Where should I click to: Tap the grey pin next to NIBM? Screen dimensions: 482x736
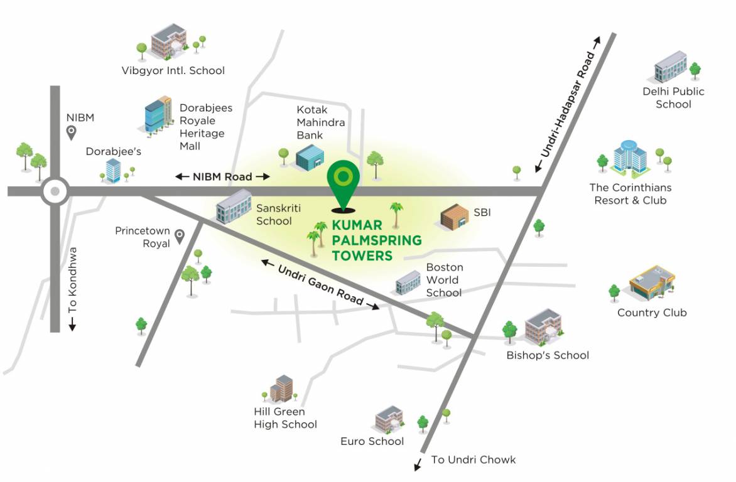72,132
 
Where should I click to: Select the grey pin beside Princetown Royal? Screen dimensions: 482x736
180,236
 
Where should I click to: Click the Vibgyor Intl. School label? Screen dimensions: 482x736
173,70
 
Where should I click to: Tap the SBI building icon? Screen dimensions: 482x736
455,217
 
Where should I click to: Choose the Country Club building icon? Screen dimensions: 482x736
652,282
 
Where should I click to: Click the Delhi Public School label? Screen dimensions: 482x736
673,98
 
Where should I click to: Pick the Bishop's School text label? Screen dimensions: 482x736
548,355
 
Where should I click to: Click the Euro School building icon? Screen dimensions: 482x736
389,419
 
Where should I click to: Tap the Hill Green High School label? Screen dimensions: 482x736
285,418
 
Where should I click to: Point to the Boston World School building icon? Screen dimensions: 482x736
408,282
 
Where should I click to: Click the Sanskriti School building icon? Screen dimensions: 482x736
233,205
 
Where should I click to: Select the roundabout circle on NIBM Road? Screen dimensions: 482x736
55,191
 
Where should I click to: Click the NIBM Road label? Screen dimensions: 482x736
223,176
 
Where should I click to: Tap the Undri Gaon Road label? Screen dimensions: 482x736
320,284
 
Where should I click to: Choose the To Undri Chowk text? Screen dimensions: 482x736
473,460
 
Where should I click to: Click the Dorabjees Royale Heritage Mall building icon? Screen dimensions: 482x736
157,115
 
